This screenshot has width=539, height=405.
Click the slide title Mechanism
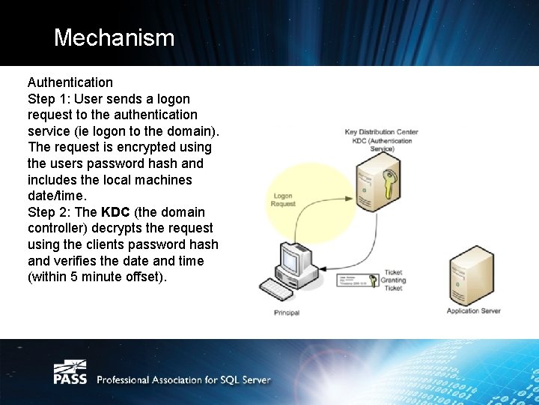(x=114, y=37)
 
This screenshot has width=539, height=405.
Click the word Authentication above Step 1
(x=70, y=82)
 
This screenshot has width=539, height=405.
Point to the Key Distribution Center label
(x=381, y=132)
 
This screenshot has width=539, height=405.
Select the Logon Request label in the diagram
(x=283, y=199)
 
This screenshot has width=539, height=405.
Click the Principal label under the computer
(x=287, y=313)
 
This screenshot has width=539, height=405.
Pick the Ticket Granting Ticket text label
(x=393, y=280)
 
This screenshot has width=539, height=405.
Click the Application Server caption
(x=473, y=311)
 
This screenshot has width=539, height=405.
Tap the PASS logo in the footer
(x=70, y=373)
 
